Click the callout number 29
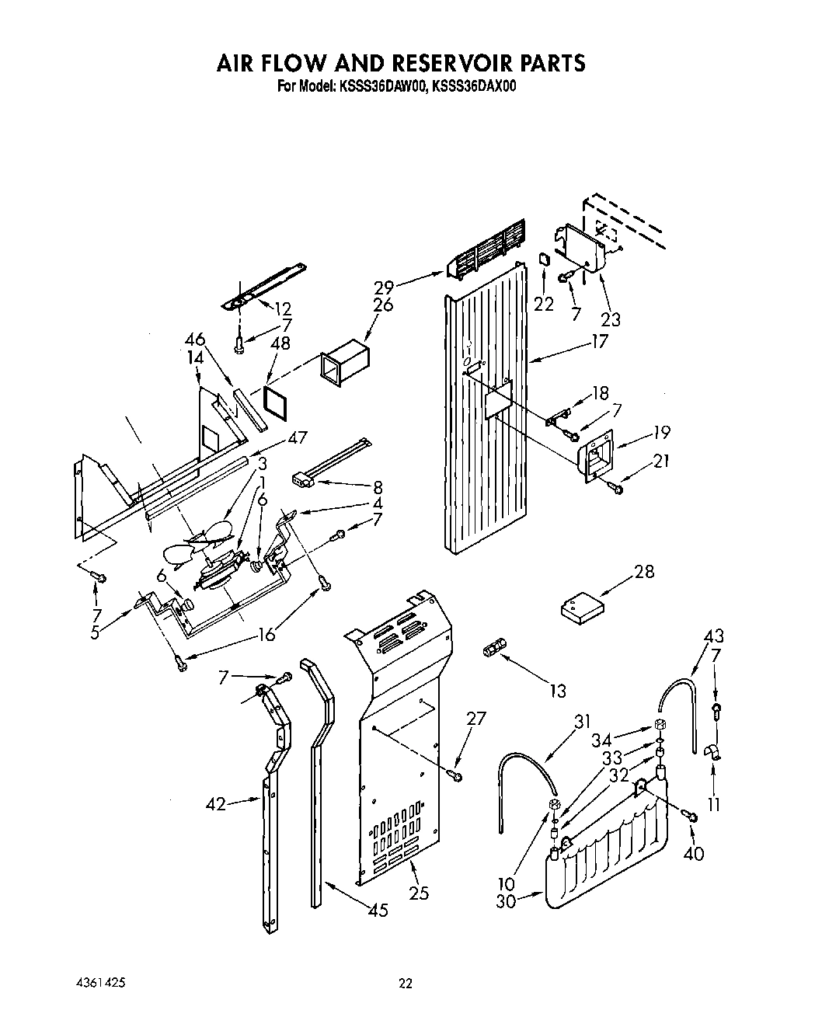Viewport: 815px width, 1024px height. pos(383,286)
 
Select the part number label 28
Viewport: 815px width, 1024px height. pos(644,572)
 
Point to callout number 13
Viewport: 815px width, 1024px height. pos(557,690)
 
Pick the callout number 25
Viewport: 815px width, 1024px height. pos(420,893)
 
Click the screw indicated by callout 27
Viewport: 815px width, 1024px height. pos(458,775)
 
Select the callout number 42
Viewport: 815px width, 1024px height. pos(216,804)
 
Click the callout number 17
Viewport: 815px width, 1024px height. pos(599,340)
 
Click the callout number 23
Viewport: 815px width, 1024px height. pos(611,319)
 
